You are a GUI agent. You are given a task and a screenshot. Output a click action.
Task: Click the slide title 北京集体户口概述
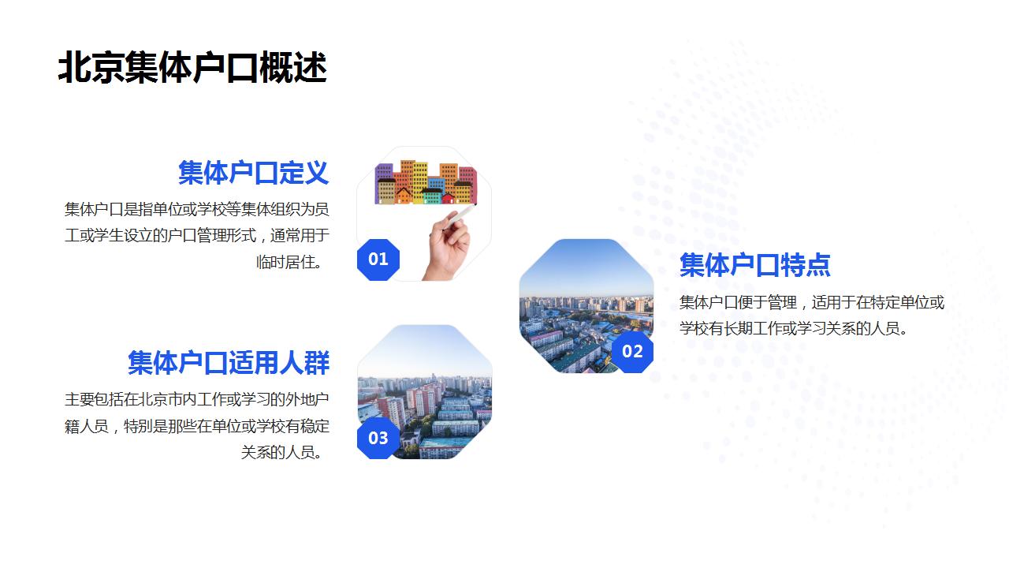click(192, 68)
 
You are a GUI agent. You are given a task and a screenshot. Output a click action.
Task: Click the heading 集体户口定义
click(253, 173)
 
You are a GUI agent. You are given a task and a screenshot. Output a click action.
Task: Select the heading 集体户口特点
click(754, 265)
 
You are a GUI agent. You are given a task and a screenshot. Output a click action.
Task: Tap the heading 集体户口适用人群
click(229, 363)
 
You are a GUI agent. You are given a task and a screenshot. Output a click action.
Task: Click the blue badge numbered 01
click(378, 260)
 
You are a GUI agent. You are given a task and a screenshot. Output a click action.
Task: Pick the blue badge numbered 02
click(632, 352)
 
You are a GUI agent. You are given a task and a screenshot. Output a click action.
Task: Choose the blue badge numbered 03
click(378, 438)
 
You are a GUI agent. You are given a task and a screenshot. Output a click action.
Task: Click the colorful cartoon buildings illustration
click(425, 183)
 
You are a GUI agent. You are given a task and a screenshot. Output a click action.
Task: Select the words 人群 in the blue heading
click(304, 363)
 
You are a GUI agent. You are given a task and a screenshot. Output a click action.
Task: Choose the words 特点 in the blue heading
click(805, 265)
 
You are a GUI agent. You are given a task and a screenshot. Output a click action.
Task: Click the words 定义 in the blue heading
click(303, 173)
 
